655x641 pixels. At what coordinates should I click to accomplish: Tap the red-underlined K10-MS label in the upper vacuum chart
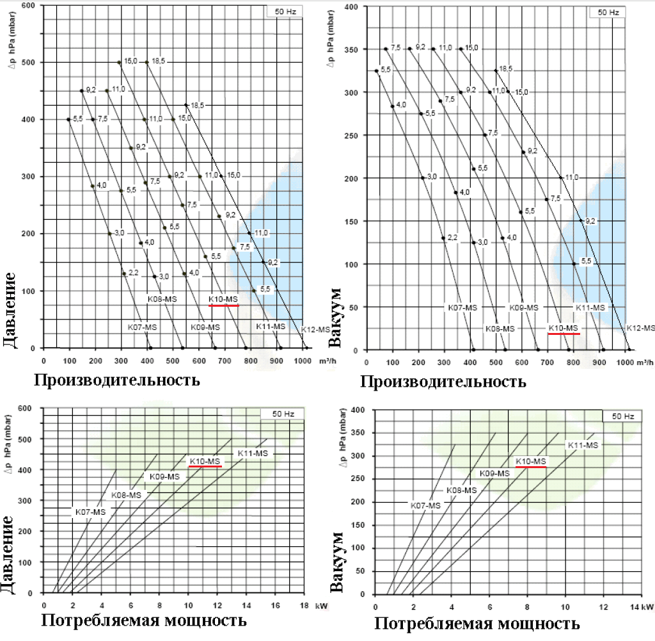click(x=563, y=329)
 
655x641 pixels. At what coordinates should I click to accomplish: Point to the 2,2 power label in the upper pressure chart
click(x=133, y=273)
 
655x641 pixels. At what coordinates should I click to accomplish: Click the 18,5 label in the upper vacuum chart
click(x=505, y=69)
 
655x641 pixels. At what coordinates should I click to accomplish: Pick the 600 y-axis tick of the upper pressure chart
click(x=29, y=5)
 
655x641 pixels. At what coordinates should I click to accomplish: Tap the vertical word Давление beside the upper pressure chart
click(x=10, y=310)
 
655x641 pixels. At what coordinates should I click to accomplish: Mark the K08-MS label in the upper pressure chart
click(x=162, y=299)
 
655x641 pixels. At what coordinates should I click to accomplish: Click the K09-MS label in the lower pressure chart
click(x=164, y=476)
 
